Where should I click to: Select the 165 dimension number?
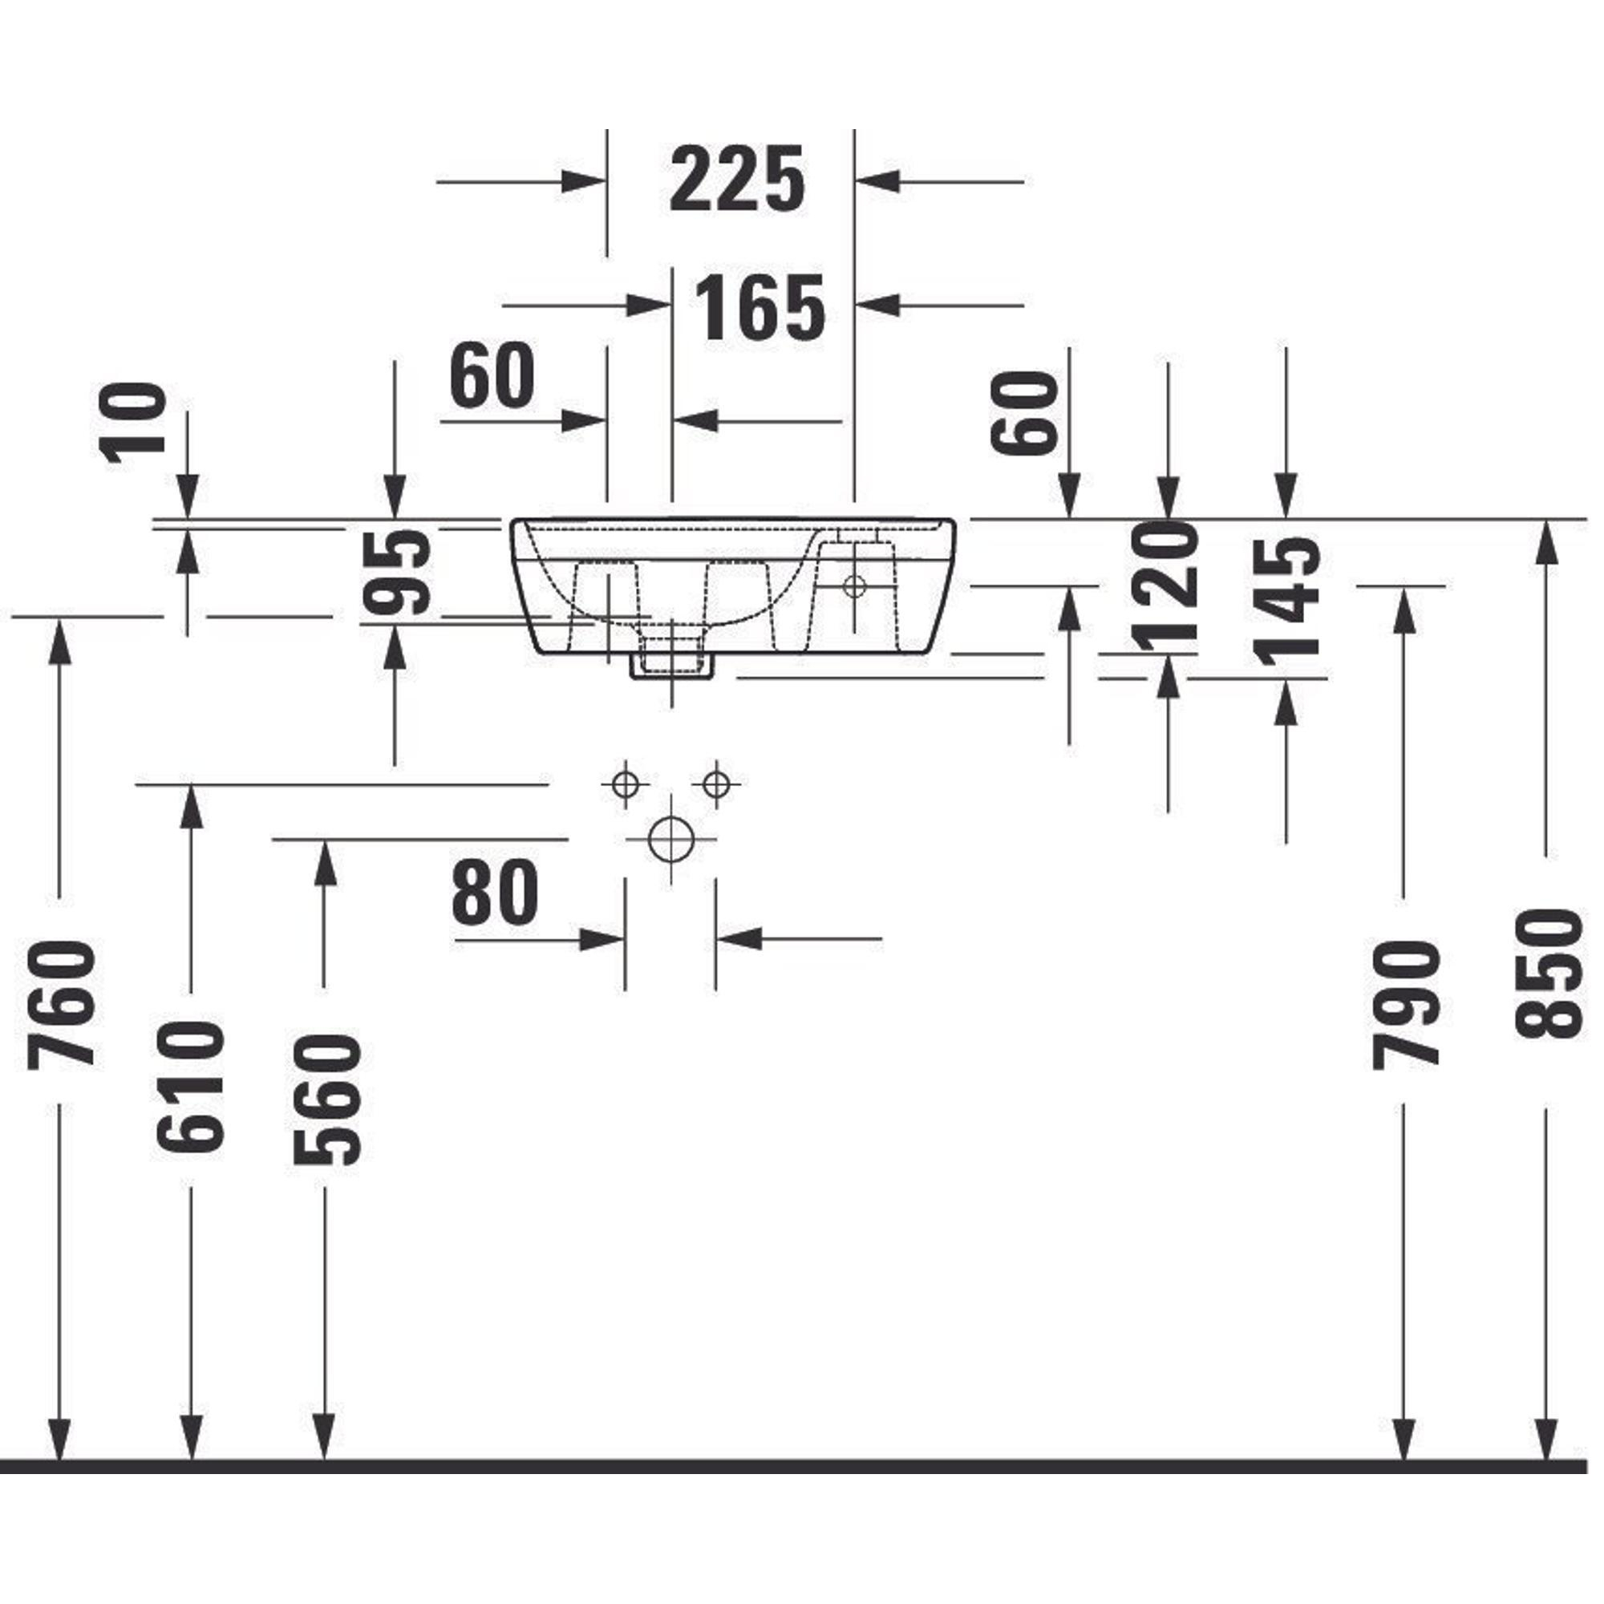pyautogui.click(x=760, y=307)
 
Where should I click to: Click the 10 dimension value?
pyautogui.click(x=133, y=419)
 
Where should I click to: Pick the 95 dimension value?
pyautogui.click(x=397, y=573)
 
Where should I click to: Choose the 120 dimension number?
pyautogui.click(x=1165, y=585)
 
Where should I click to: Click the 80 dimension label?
pyautogui.click(x=496, y=893)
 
